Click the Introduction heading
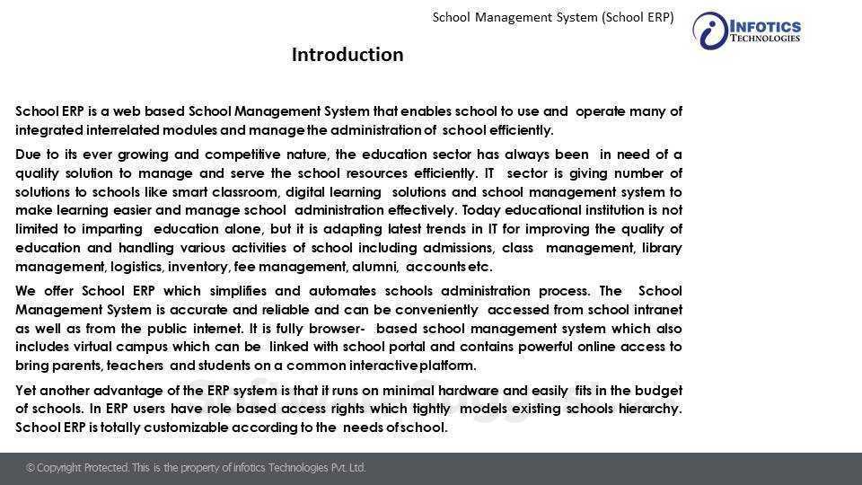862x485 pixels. pos(347,55)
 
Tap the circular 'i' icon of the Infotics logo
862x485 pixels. pos(710,31)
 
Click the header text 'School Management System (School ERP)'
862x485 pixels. pos(553,17)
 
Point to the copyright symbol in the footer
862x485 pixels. pos(31,468)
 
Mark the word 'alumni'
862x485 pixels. pos(378,267)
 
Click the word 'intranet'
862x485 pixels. pos(655,310)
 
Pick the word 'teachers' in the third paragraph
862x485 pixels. pos(136,366)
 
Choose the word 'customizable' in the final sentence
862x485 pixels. pos(187,428)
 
